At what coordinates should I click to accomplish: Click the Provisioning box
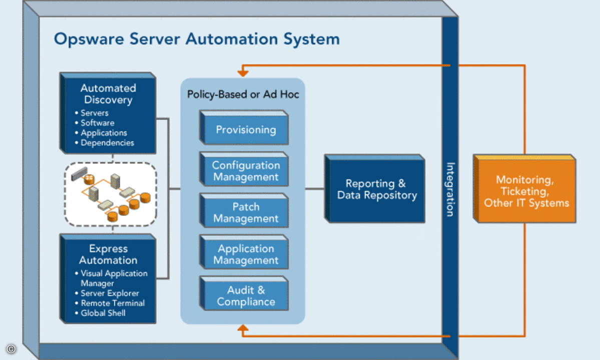pos(244,127)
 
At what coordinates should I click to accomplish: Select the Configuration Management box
pos(244,169)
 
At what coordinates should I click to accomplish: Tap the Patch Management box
pos(244,210)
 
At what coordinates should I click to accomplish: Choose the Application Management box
pos(244,252)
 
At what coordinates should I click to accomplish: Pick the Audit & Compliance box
pos(244,293)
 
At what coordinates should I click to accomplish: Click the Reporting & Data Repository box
pos(375,189)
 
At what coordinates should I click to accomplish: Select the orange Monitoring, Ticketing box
pos(524,189)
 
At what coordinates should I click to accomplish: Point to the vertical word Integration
pos(450,189)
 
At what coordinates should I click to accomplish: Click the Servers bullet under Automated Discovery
pos(92,113)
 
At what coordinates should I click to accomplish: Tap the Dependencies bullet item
pos(105,143)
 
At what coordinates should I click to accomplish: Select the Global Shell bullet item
pos(100,313)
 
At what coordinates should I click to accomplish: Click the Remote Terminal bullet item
pos(110,303)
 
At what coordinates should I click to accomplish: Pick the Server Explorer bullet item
pos(107,293)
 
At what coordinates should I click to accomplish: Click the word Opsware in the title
pos(89,39)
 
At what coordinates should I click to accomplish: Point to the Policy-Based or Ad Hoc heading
pos(243,94)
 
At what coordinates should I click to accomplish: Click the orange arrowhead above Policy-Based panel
pos(243,72)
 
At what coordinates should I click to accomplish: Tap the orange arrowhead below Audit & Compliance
pos(243,328)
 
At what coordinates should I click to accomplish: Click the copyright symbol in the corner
pos(11,348)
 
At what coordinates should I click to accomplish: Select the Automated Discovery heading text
pos(108,94)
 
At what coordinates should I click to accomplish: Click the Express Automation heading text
pos(108,254)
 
